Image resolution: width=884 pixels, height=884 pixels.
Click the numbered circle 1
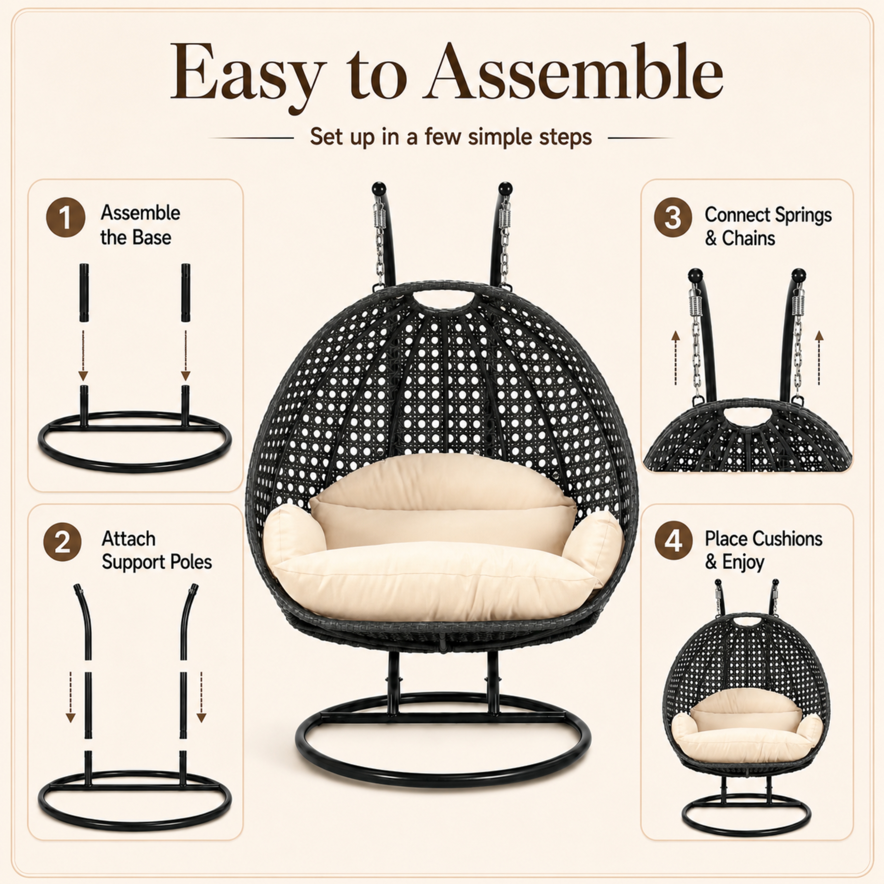click(x=65, y=217)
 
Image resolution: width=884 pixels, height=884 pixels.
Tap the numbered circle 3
click(x=673, y=217)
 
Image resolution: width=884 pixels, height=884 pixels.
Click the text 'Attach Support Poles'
click(x=157, y=550)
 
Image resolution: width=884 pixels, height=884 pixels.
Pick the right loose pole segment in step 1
click(x=185, y=293)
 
